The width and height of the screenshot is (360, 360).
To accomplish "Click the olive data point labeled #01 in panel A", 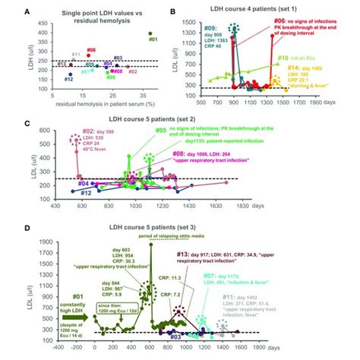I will point(151,33).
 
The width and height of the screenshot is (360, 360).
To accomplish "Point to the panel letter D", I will point(7,225).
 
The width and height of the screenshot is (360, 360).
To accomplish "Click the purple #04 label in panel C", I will point(65,184).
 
